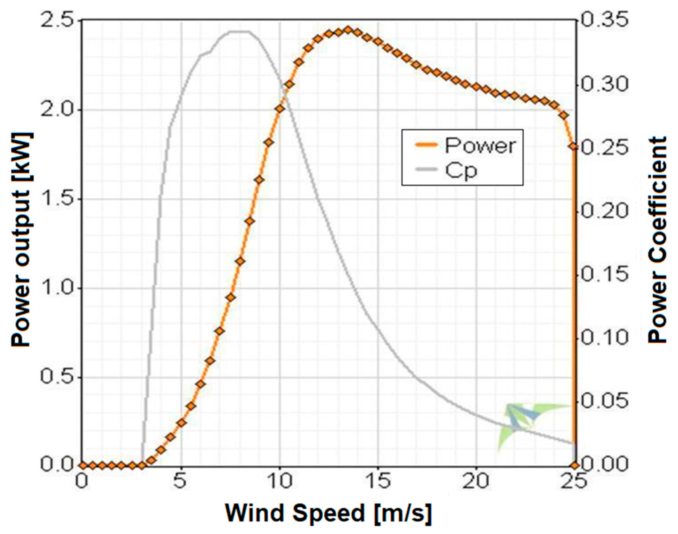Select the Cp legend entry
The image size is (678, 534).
pos(461,171)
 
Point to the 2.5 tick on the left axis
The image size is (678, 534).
pos(60,21)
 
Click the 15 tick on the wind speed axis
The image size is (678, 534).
pos(378,481)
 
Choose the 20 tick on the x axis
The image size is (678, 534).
pos(476,481)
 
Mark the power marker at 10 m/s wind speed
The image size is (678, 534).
pos(280,109)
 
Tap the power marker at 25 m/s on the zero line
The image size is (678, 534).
pos(575,465)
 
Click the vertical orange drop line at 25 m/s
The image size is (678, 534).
pos(575,305)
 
